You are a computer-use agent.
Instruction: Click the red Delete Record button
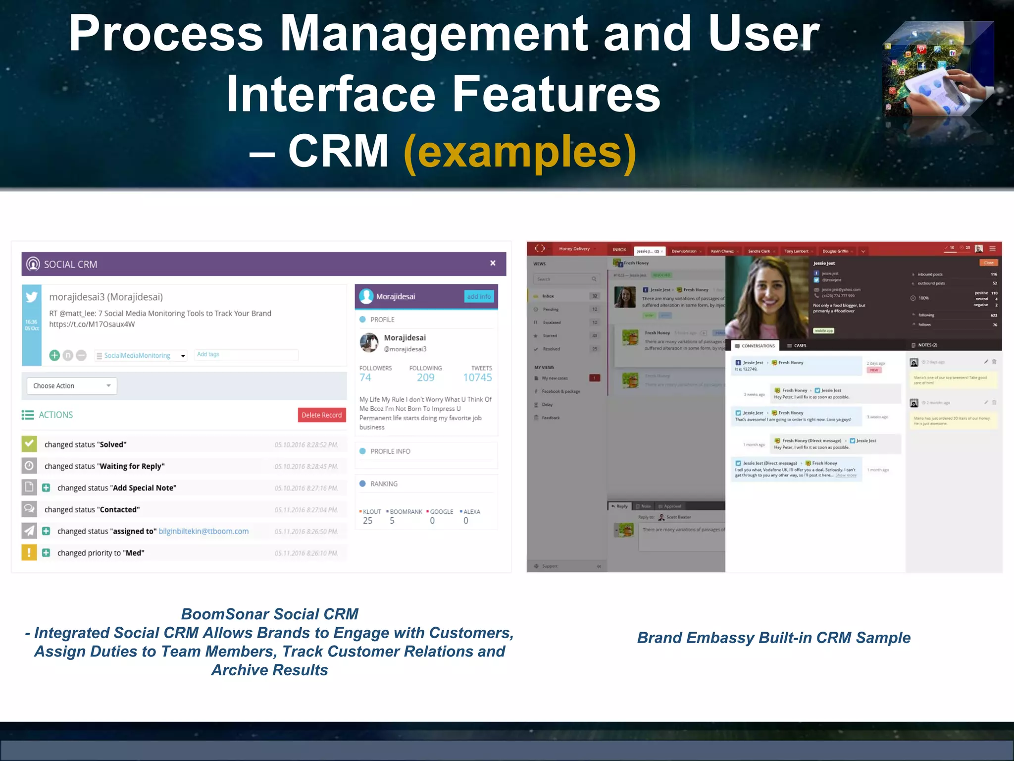tap(321, 415)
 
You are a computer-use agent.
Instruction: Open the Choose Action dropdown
tap(72, 386)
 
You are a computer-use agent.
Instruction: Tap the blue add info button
tap(479, 296)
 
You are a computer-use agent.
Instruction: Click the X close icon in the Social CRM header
tap(493, 263)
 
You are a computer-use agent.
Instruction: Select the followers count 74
tap(365, 378)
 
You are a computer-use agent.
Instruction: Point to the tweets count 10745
tap(477, 378)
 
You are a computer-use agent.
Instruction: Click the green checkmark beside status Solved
tap(29, 444)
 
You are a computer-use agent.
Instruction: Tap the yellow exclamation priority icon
tap(29, 552)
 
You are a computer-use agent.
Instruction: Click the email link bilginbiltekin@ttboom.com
tap(203, 531)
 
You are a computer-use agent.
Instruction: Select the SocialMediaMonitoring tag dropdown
tap(141, 355)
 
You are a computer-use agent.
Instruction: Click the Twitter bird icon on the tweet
tap(32, 297)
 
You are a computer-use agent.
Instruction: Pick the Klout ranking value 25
tap(367, 521)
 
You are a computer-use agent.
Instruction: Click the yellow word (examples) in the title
tap(520, 152)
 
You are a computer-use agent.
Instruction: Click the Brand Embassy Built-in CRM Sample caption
tap(773, 638)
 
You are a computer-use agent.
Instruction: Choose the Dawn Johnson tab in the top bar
tap(684, 251)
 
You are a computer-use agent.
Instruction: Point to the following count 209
tap(425, 378)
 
